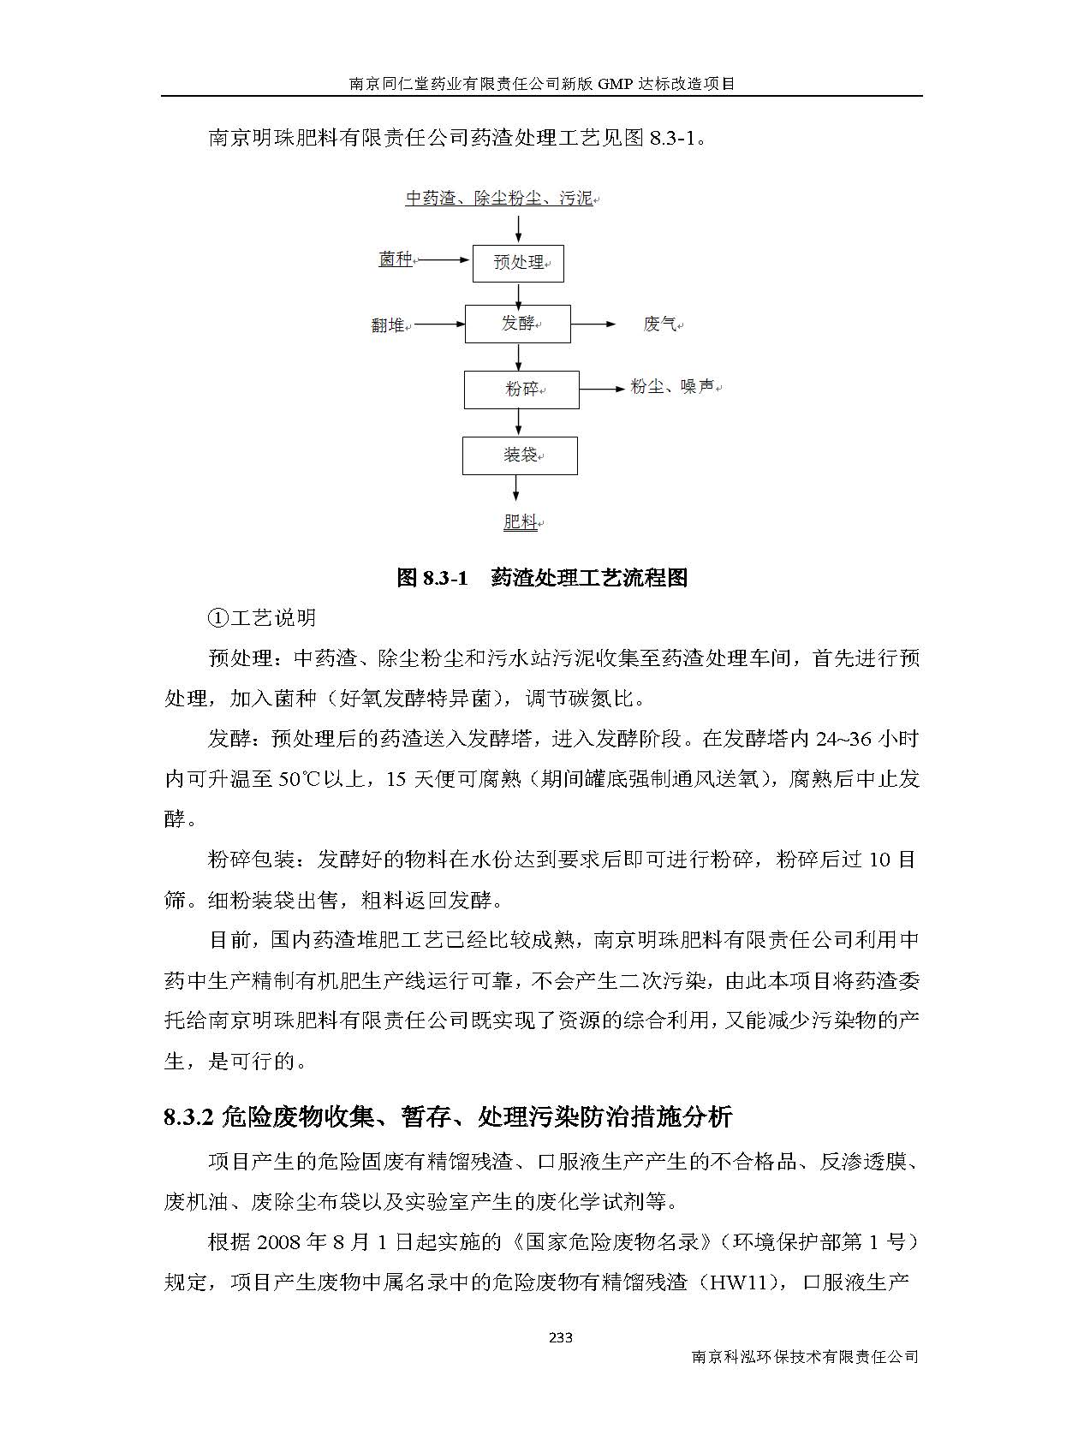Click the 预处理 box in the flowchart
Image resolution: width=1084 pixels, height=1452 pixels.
(518, 263)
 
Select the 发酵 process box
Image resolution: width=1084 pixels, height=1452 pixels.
(517, 324)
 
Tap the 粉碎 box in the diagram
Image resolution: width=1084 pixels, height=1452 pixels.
(521, 390)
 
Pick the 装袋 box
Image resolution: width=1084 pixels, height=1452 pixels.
(520, 455)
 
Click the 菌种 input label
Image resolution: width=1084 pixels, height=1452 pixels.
(396, 259)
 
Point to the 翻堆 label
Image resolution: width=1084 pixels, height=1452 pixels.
(389, 325)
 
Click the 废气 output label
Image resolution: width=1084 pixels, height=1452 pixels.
(661, 324)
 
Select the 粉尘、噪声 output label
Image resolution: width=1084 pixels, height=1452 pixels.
(673, 388)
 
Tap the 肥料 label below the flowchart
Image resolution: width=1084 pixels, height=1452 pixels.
(521, 521)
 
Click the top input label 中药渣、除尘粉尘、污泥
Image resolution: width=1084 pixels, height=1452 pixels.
(500, 199)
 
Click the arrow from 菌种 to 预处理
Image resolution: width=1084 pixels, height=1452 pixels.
(443, 259)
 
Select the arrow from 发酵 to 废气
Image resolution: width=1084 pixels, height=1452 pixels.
(593, 324)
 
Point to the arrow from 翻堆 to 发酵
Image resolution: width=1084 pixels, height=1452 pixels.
(438, 324)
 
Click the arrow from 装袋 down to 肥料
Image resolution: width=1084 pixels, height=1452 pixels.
(516, 489)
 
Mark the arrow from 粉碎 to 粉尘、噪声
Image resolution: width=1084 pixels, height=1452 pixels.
(603, 390)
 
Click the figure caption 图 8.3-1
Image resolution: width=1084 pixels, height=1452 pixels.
(433, 578)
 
